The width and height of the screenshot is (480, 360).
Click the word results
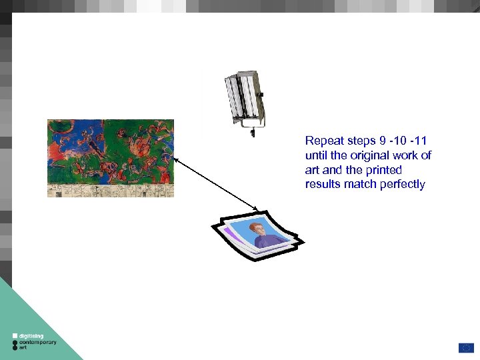[323, 184]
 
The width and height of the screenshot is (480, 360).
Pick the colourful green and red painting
[111, 158]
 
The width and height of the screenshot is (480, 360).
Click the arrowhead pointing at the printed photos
[258, 209]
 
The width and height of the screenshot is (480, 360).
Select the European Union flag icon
[465, 347]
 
